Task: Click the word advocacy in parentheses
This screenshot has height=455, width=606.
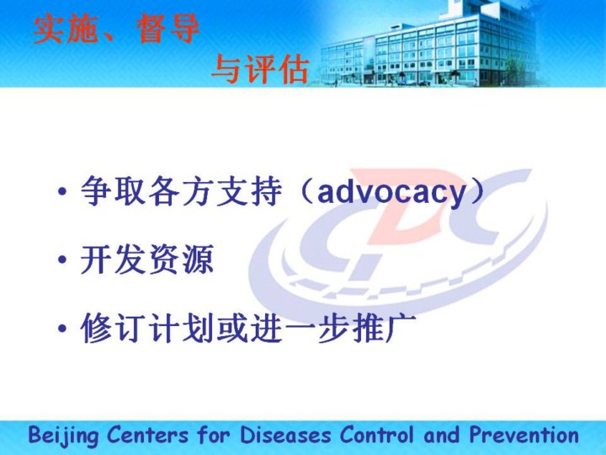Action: click(391, 192)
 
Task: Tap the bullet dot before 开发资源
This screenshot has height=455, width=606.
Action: click(62, 260)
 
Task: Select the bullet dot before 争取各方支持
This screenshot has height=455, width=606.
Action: click(62, 191)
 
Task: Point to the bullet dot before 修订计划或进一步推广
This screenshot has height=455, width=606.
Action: click(62, 328)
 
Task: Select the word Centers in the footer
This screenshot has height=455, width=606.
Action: click(147, 435)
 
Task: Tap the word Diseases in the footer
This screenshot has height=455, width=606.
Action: click(285, 435)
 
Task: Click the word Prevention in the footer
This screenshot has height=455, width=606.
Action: click(524, 435)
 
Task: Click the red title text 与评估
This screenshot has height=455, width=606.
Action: click(261, 69)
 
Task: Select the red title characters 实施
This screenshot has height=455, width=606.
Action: click(66, 28)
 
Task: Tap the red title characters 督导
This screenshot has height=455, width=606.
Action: click(167, 28)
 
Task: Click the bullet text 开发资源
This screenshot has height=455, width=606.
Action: click(146, 259)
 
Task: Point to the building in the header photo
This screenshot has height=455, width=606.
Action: click(429, 45)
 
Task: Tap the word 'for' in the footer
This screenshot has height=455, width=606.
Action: click(214, 435)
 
